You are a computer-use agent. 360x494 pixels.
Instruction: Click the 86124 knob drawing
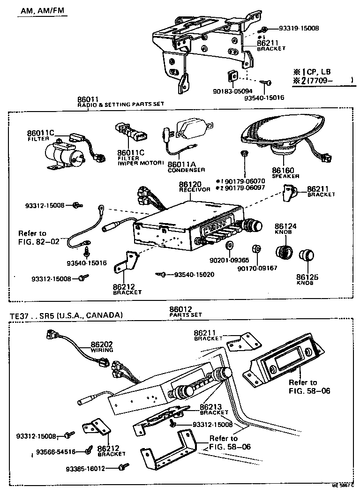coord(283,253)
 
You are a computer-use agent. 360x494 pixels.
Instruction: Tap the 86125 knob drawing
coord(307,255)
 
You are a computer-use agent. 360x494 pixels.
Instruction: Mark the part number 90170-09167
coord(257,269)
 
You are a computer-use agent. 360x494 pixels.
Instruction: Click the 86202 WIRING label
coord(102,347)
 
